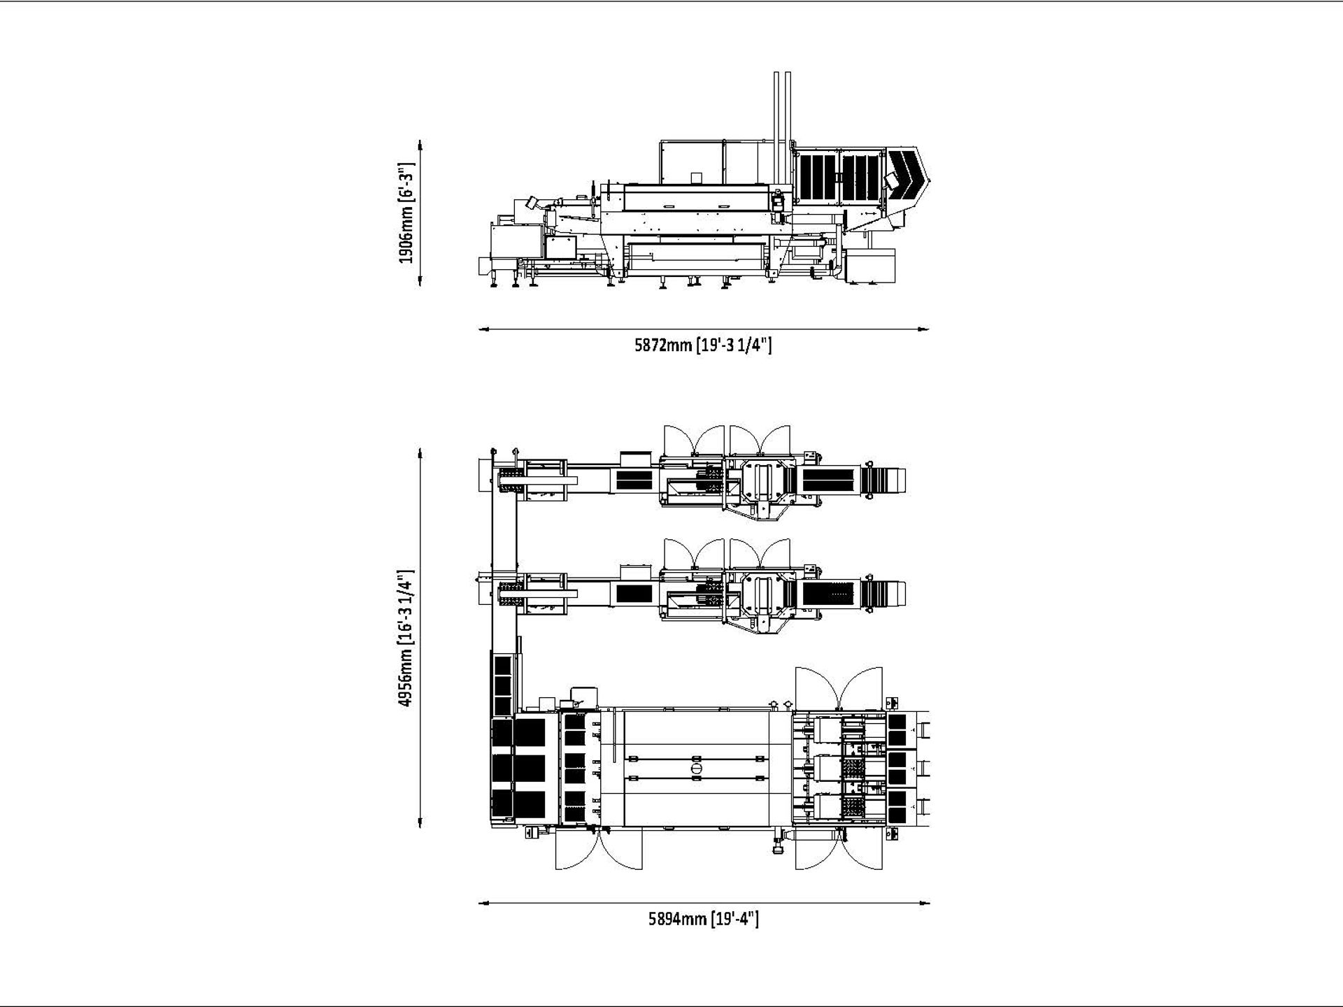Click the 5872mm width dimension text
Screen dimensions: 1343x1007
click(x=703, y=345)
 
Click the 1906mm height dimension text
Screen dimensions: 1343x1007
click(x=406, y=213)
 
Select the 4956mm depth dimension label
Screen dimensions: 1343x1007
click(x=406, y=638)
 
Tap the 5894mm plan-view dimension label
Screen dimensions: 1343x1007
click(x=704, y=918)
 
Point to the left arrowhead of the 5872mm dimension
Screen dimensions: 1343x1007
click(x=483, y=329)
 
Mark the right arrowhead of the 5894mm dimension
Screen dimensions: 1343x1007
click(x=925, y=903)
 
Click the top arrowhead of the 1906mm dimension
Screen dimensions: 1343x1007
click(x=420, y=144)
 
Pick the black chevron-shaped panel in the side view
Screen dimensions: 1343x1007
click(x=907, y=175)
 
